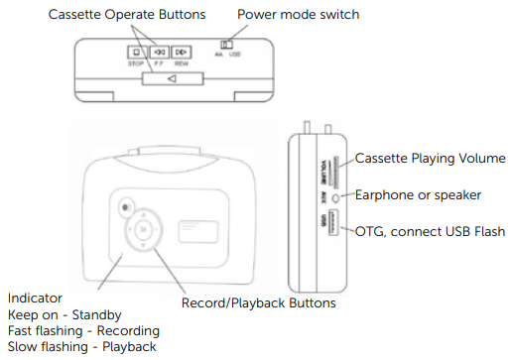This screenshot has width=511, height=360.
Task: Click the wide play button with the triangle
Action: (171, 79)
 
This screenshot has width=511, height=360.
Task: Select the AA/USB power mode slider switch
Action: (226, 46)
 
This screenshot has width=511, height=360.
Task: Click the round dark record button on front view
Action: (123, 207)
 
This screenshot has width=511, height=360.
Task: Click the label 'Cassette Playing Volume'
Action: (431, 159)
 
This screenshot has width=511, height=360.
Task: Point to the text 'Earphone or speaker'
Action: (420, 194)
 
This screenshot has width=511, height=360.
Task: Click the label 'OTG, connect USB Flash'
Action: (430, 231)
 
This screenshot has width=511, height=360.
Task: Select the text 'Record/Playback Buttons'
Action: (259, 302)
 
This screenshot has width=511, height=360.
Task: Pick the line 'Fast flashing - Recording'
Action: (83, 330)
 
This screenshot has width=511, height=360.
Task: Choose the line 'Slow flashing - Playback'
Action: (81, 346)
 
